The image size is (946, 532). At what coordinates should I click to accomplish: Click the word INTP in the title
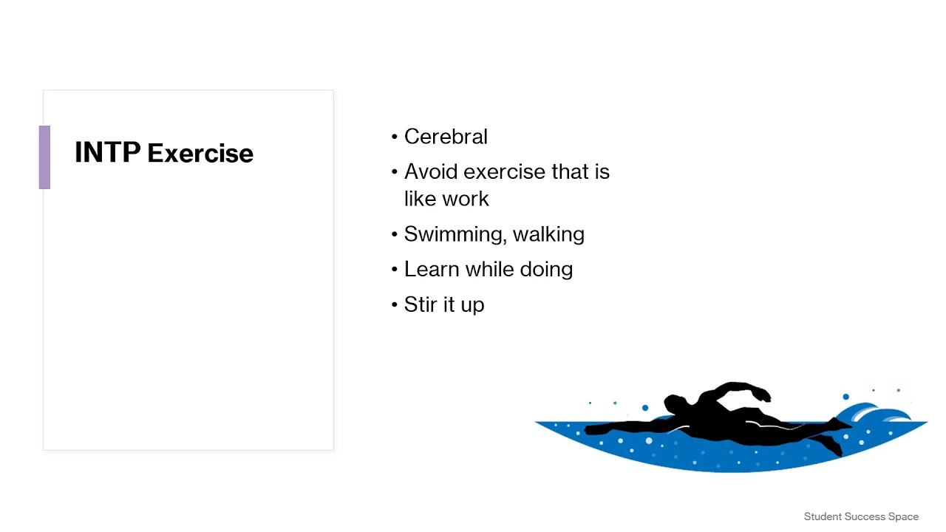[107, 153]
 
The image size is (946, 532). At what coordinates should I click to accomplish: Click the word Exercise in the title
[200, 154]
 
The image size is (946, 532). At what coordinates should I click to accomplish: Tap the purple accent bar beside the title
[44, 157]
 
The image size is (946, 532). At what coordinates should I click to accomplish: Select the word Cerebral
[446, 137]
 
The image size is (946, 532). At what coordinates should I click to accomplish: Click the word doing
[546, 269]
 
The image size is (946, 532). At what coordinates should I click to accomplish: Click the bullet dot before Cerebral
[395, 137]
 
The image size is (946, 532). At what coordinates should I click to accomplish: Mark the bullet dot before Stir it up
[395, 305]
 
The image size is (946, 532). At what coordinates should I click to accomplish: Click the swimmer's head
[676, 404]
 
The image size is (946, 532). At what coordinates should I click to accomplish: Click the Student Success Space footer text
[861, 516]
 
